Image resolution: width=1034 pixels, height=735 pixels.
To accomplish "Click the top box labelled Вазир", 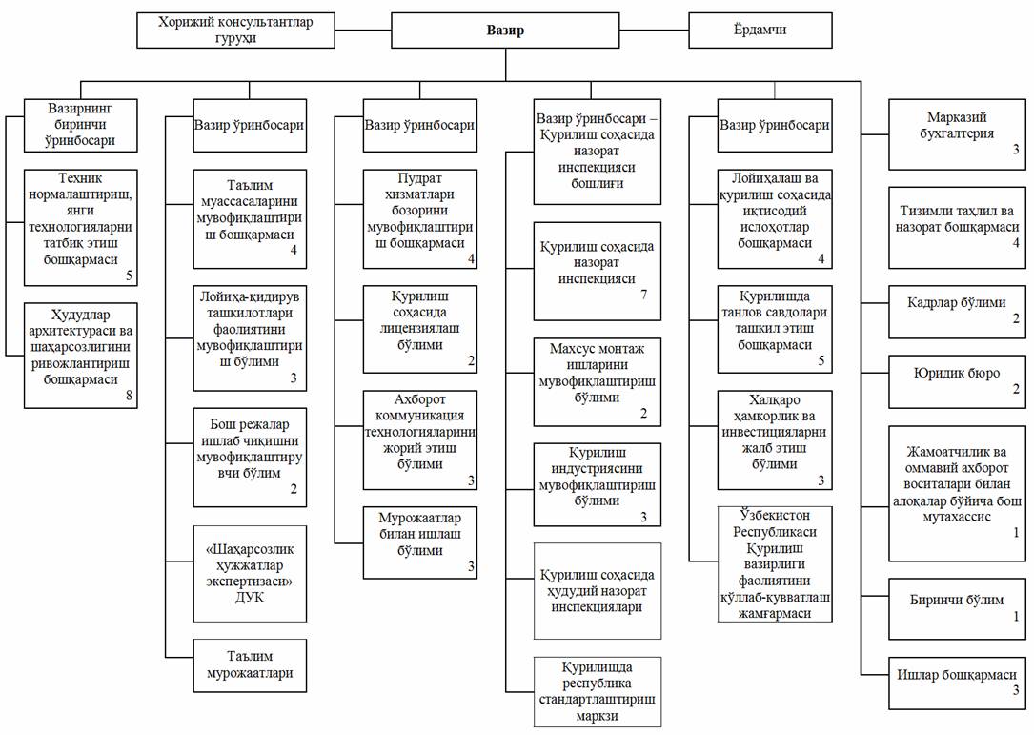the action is [505, 31].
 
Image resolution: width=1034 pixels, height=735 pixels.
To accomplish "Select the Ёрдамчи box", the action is [760, 31].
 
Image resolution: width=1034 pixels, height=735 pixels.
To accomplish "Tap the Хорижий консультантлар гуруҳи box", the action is [235, 31].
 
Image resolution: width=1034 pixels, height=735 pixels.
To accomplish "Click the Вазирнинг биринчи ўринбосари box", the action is [80, 125].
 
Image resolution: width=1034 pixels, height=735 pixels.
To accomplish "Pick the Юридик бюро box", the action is [957, 381].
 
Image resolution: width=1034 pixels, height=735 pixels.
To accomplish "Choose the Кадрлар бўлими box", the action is [957, 312].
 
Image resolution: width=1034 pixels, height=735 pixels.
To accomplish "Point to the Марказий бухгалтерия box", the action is [957, 133].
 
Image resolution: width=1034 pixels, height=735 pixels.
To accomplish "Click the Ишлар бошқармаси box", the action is [957, 683].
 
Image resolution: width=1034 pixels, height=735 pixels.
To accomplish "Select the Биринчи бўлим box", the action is [957, 609].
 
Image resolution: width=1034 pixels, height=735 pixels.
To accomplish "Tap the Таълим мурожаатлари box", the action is [250, 665].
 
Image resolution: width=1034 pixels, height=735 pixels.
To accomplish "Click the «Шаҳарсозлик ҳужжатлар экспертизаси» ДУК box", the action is [250, 573].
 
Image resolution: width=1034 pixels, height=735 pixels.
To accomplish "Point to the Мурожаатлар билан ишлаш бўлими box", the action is [419, 542].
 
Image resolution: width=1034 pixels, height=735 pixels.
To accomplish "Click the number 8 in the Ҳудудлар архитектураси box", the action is [130, 396].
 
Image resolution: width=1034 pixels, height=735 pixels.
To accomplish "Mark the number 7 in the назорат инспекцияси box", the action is [644, 295].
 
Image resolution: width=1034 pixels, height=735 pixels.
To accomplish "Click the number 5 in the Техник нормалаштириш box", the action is [130, 276].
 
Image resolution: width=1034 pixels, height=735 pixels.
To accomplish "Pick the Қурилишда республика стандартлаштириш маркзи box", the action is [597, 691].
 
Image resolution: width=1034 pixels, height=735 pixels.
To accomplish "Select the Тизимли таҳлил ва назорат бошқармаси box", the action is [957, 228].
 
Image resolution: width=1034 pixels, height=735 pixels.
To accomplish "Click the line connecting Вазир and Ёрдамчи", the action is [654, 31].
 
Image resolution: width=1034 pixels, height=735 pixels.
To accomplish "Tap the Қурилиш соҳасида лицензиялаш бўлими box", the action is [419, 329].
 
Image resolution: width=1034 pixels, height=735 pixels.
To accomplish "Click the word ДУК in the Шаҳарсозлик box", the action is [250, 597].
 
